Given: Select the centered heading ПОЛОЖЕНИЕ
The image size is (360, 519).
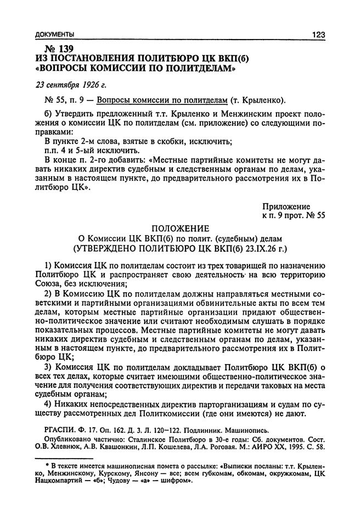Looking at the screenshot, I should pos(180,228).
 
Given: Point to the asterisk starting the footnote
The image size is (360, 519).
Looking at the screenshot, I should pos(49,462).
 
